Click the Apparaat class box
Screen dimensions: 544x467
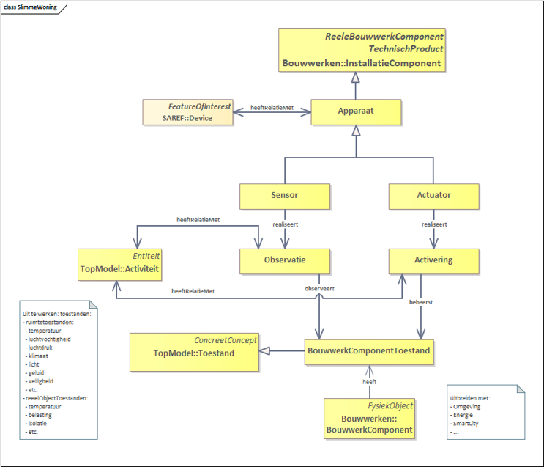[356, 112]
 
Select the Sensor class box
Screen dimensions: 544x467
[285, 196]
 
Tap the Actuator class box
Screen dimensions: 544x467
[433, 196]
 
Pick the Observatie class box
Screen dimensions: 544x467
[285, 261]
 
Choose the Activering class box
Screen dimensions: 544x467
[433, 261]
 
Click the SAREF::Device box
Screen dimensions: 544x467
[187, 112]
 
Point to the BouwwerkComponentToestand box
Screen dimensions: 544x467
[369, 352]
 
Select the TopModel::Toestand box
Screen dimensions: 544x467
[194, 353]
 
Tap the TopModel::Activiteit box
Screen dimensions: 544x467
[119, 265]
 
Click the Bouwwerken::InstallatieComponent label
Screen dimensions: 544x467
[362, 63]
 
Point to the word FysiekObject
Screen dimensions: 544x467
[390, 406]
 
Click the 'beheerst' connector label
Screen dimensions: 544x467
[421, 302]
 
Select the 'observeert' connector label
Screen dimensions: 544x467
[319, 288]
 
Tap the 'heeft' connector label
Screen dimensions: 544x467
[369, 382]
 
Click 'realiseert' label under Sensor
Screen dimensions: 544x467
[286, 224]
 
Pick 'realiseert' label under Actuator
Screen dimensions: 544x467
[434, 224]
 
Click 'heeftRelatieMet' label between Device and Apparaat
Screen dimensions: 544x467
[272, 107]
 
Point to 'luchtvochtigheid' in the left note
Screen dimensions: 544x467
[49, 339]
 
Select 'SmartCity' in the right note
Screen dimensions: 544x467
[466, 424]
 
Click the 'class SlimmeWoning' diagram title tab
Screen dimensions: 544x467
[30, 7]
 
